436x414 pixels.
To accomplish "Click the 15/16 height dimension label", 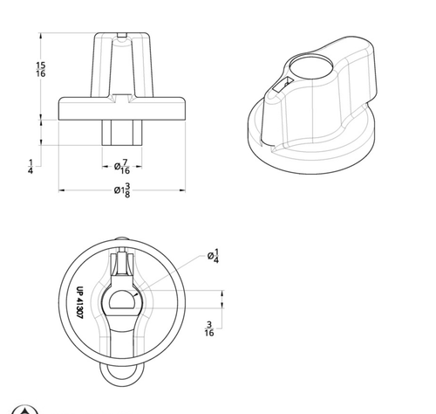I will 41,70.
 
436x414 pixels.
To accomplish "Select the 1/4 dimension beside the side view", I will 31,166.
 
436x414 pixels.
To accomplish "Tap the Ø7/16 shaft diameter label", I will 125,167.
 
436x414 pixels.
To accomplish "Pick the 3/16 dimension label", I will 209,328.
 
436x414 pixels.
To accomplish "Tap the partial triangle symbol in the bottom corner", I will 28,410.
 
